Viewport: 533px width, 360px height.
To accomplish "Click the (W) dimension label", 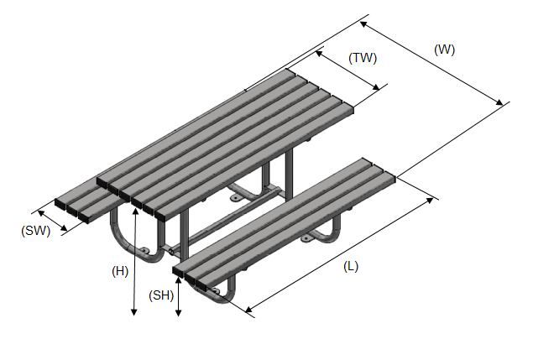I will pos(444,50).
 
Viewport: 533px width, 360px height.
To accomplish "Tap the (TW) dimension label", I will pos(363,58).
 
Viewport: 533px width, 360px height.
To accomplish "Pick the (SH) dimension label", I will pos(160,295).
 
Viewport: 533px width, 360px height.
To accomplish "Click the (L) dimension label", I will pos(351,266).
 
